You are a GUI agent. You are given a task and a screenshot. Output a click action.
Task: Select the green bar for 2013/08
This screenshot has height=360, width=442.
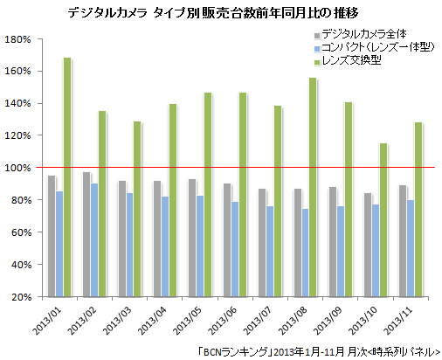[312, 187]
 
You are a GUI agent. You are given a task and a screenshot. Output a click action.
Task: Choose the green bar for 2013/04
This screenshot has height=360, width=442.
[172, 200]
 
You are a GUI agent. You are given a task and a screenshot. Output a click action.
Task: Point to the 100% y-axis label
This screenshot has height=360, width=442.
[18, 168]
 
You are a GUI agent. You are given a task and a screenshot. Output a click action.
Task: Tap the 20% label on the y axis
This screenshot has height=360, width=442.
[21, 297]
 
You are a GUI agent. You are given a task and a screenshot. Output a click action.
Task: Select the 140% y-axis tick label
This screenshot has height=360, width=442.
[18, 103]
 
